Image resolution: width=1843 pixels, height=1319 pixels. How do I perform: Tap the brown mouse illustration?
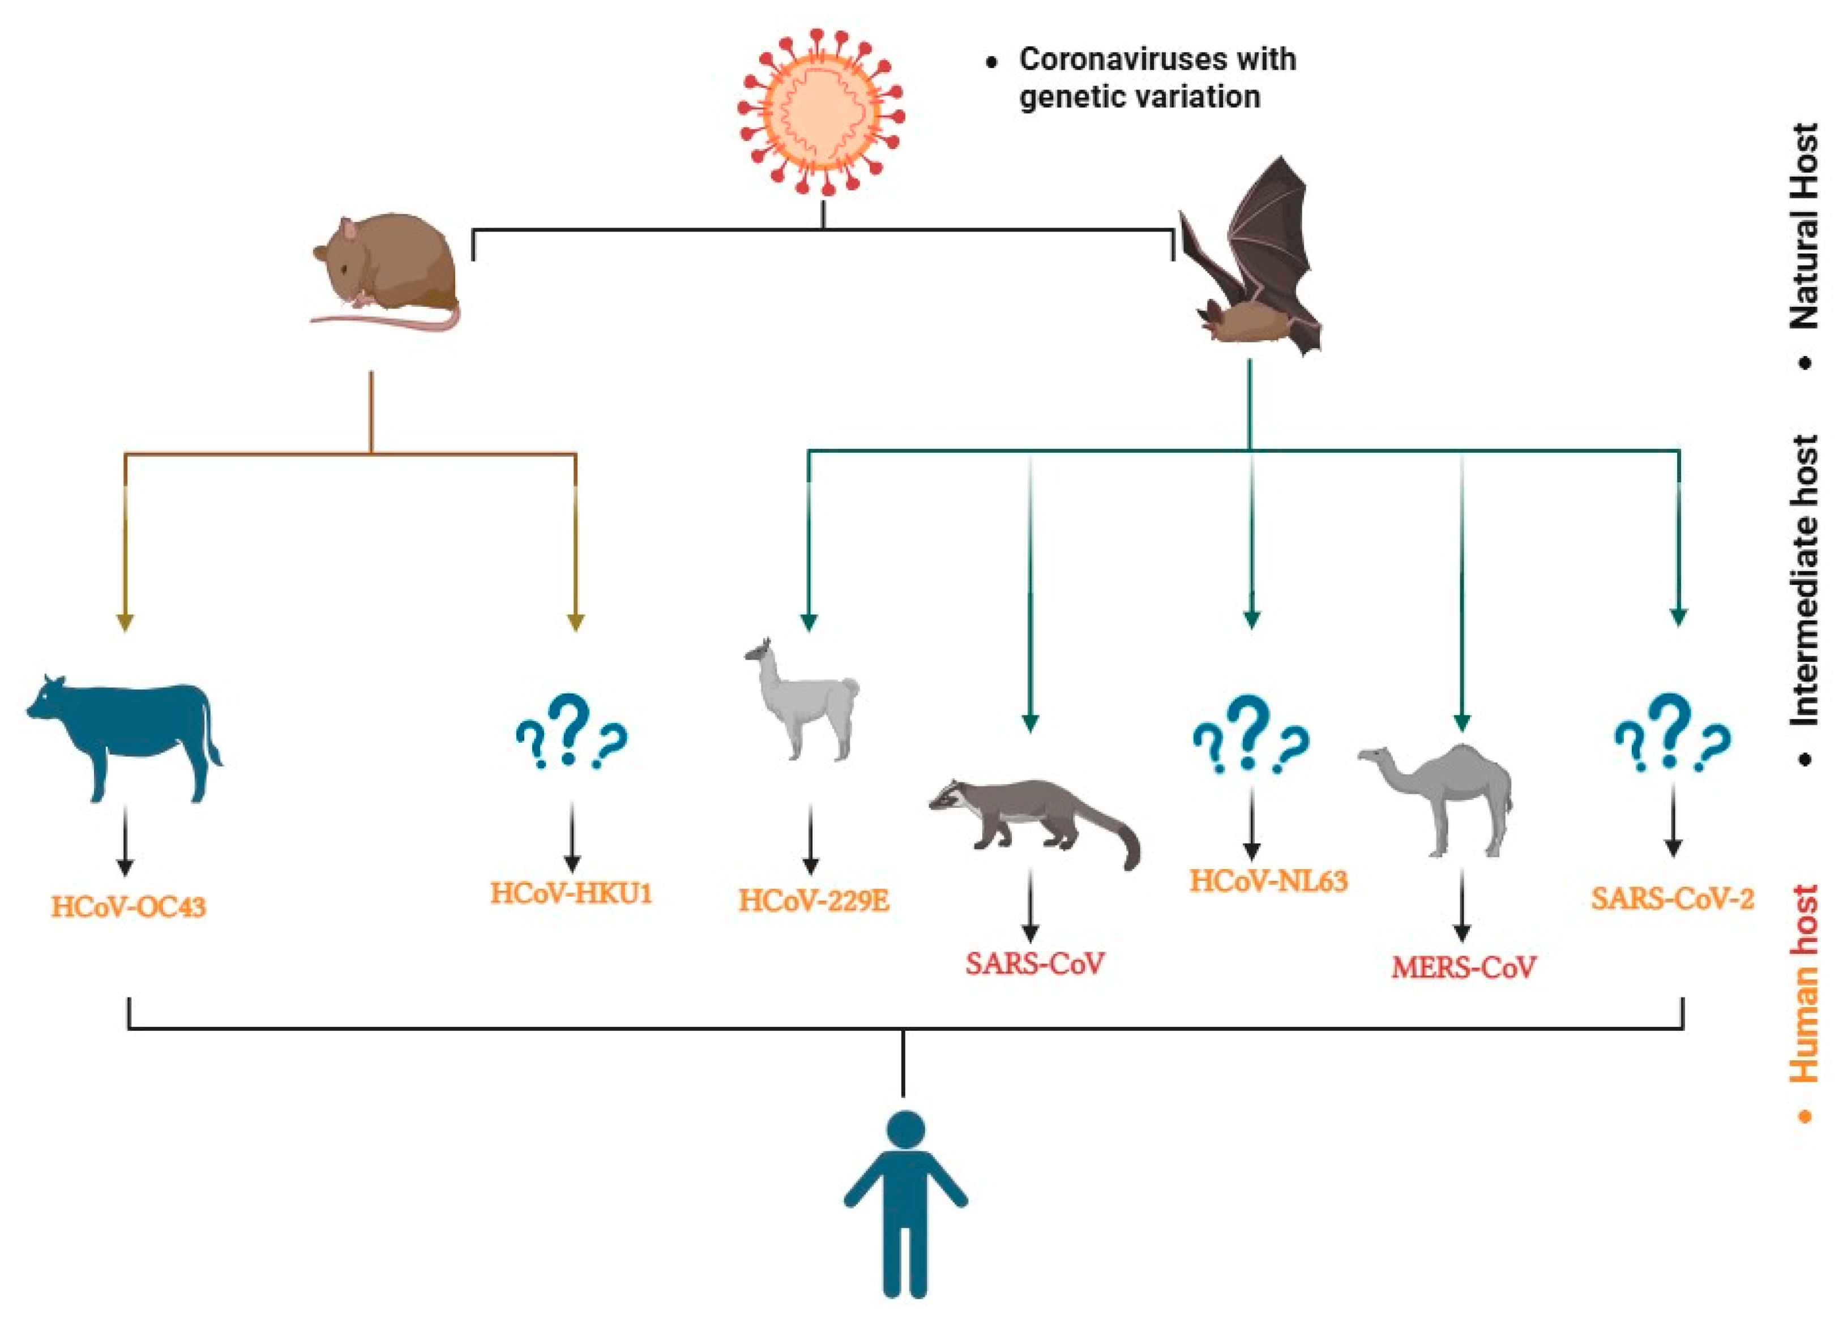pos(388,272)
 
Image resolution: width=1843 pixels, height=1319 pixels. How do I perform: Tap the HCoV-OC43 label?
pos(129,906)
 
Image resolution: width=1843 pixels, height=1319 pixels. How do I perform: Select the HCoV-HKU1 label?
pos(571,893)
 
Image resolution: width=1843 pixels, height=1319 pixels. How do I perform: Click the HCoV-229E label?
pos(813,900)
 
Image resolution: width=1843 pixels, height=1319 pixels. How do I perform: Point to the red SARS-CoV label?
pos(1034,964)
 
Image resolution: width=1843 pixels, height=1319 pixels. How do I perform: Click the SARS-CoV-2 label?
pos(1671,898)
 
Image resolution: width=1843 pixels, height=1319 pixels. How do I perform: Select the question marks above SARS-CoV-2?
pos(1671,731)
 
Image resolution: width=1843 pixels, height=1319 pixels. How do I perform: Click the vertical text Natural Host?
pos(1803,228)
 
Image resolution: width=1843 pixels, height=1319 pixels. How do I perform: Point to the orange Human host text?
pos(1803,983)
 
